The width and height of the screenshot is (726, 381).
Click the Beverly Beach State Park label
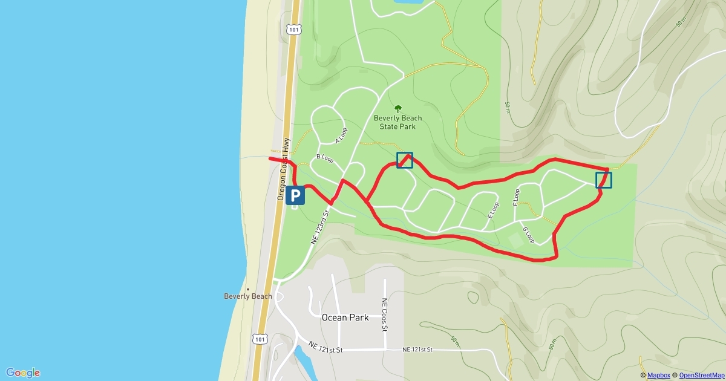click(x=397, y=122)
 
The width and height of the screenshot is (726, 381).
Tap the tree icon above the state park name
click(x=397, y=109)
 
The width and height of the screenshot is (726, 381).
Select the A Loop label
click(x=342, y=135)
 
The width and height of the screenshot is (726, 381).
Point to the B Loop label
click(x=325, y=158)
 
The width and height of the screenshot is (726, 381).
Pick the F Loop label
click(x=516, y=197)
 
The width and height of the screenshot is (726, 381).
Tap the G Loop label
click(x=528, y=235)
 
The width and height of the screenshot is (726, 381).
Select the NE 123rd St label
click(x=321, y=227)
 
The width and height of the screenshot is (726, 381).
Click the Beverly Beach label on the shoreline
click(x=248, y=296)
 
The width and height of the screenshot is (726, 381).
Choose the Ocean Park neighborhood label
click(x=345, y=317)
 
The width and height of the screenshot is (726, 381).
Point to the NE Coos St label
click(x=384, y=314)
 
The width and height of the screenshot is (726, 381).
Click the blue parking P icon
click(x=295, y=195)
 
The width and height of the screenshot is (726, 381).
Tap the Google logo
click(x=23, y=373)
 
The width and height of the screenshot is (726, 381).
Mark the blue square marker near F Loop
click(x=604, y=180)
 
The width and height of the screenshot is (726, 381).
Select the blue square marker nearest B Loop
click(x=405, y=160)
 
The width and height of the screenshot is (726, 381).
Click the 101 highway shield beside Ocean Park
click(x=260, y=339)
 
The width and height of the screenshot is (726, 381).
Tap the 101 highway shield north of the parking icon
click(x=293, y=28)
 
